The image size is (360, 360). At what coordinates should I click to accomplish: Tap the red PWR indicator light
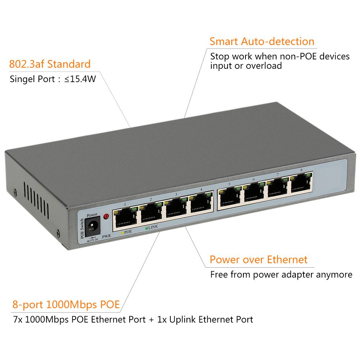(106, 216)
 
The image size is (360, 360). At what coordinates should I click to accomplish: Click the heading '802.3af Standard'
(50, 64)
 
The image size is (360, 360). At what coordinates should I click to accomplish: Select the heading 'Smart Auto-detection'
(262, 41)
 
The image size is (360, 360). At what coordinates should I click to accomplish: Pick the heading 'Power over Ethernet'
(258, 260)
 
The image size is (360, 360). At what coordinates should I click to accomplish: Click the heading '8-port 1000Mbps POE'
(66, 305)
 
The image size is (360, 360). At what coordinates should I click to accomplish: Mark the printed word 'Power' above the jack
(92, 215)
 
